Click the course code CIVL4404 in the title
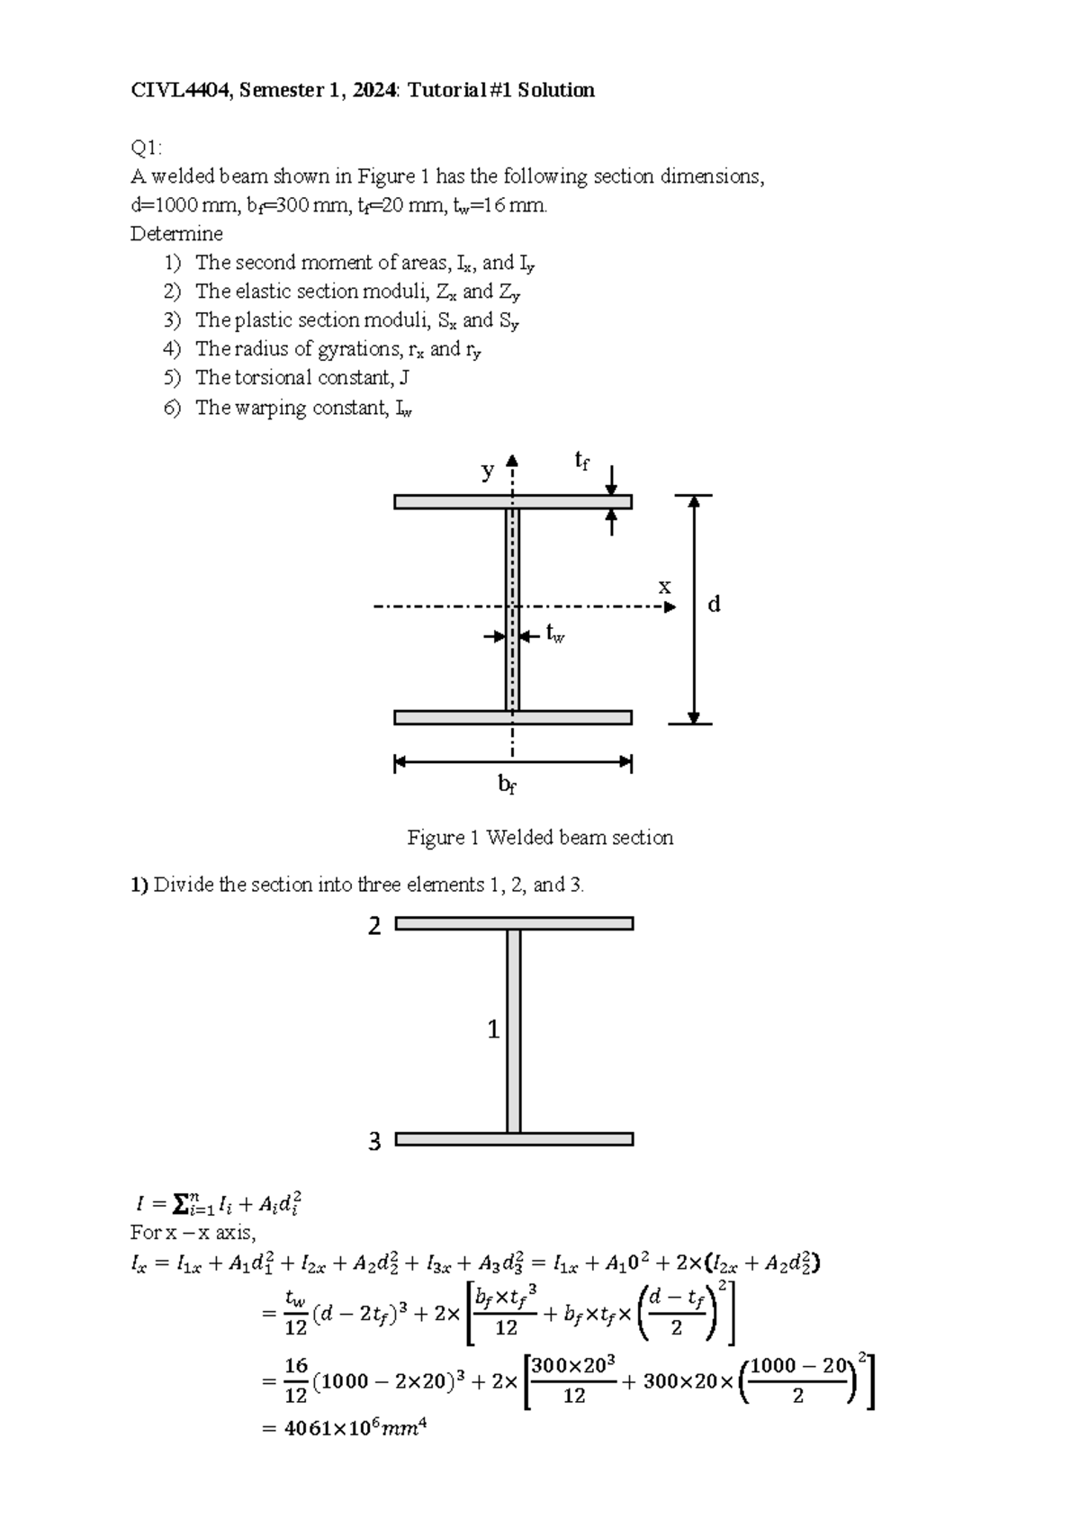[178, 90]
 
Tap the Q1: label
[147, 148]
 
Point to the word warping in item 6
[270, 408]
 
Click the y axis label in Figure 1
[488, 470]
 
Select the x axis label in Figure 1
[664, 587]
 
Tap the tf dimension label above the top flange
[582, 462]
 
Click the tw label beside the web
[554, 634]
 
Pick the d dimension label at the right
[714, 604]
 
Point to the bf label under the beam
[508, 785]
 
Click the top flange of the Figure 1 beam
[450, 502]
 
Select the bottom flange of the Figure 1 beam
[450, 717]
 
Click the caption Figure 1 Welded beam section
[540, 838]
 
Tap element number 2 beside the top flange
[374, 926]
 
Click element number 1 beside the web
[493, 1029]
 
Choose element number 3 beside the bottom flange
[374, 1142]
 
